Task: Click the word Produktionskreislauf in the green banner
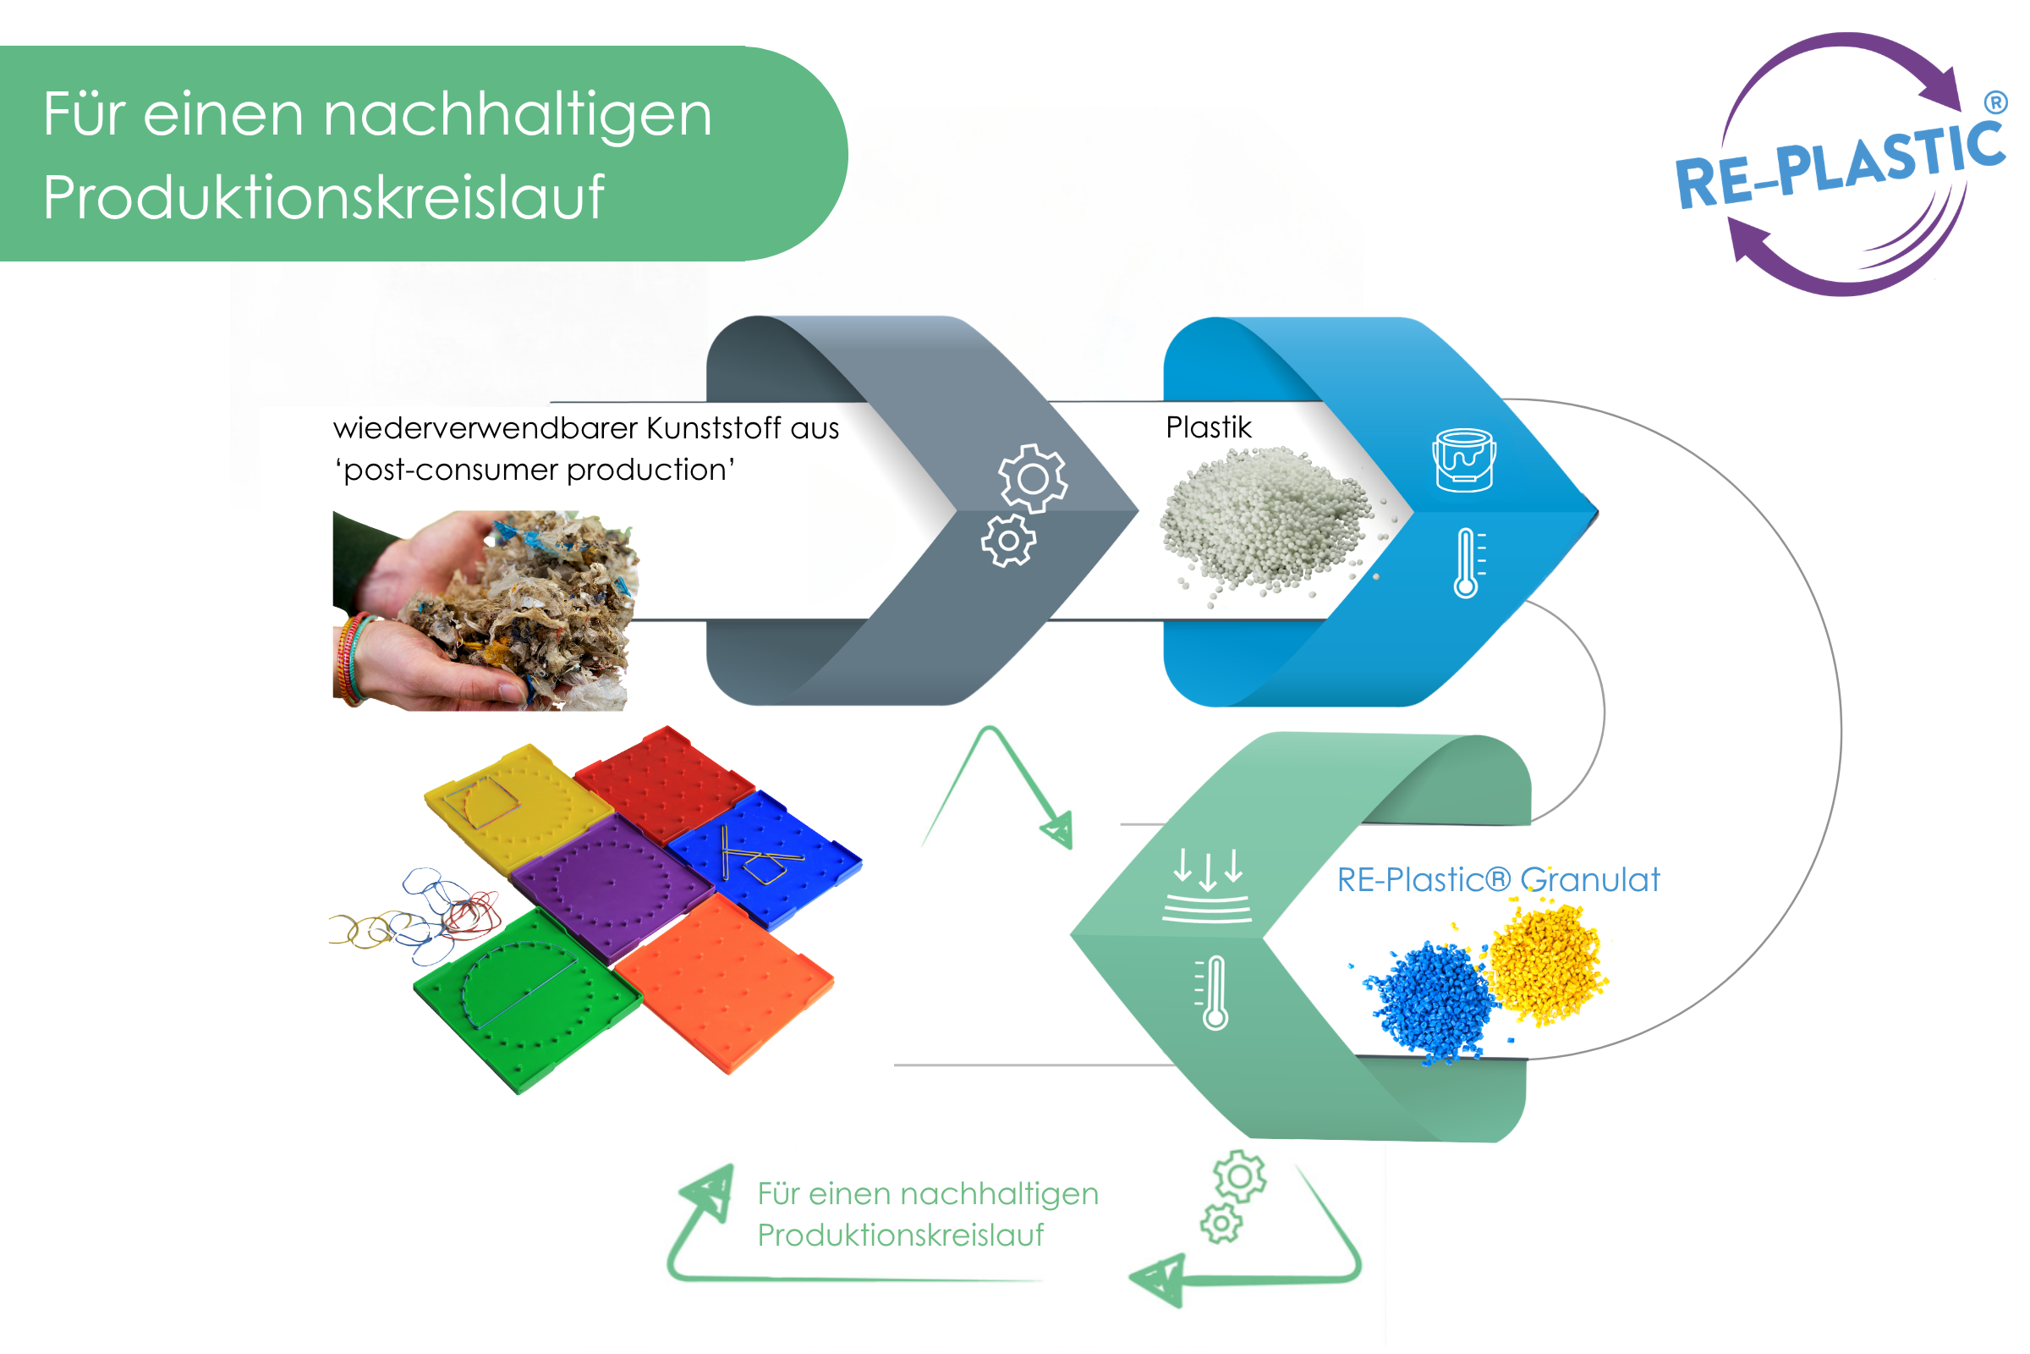pyautogui.click(x=324, y=198)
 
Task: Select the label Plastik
pyautogui.click(x=1209, y=427)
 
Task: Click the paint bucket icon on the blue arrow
pyautogui.click(x=1464, y=460)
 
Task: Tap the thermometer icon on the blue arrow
pyautogui.click(x=1469, y=563)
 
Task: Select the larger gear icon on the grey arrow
pyautogui.click(x=1033, y=478)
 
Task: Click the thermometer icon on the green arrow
pyautogui.click(x=1213, y=992)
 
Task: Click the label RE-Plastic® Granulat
pyautogui.click(x=1498, y=880)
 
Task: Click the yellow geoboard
pyautogui.click(x=517, y=807)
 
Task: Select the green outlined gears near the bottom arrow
pyautogui.click(x=1233, y=1197)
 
